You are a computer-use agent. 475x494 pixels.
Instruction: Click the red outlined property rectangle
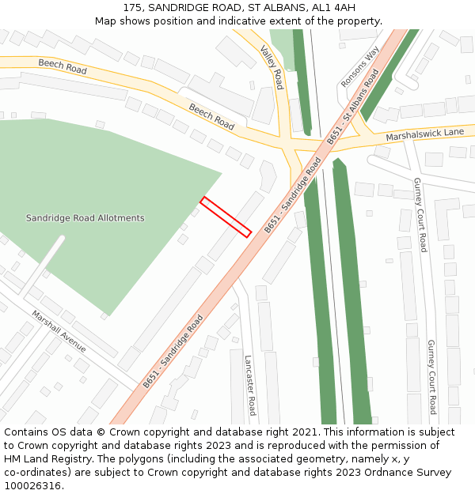point(226,217)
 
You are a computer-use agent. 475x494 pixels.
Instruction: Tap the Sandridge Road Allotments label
point(85,218)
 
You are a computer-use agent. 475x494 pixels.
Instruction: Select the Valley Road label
point(272,67)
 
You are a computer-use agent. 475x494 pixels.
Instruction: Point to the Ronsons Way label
point(360,66)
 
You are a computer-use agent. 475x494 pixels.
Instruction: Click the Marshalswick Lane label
point(424,135)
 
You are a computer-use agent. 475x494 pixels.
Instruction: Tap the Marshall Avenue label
point(59,330)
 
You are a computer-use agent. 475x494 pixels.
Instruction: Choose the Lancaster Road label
point(250,384)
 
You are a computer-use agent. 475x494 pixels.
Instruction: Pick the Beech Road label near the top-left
point(62,69)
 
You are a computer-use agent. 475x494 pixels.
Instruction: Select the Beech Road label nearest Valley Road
point(211,117)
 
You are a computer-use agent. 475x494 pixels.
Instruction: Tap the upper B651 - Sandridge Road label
point(293,194)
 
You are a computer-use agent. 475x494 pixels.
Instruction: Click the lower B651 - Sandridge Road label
point(173,351)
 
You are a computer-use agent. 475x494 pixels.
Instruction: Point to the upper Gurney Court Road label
point(420,214)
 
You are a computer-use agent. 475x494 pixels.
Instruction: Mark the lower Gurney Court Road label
point(431,377)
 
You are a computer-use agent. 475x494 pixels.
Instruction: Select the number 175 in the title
point(132,8)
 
